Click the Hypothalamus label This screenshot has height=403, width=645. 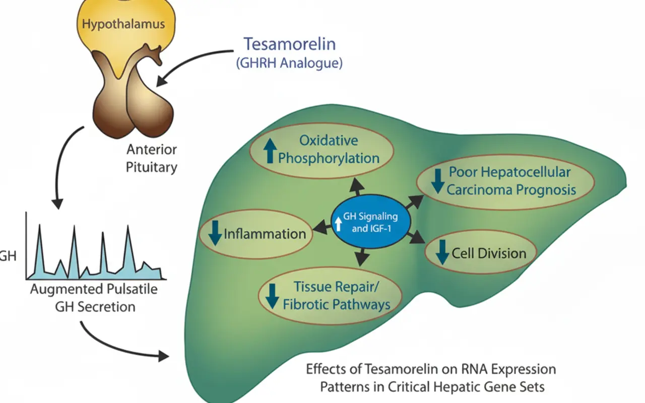tap(123, 24)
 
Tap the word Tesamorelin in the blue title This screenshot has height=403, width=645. tap(290, 44)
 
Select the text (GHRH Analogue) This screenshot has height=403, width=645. tap(289, 63)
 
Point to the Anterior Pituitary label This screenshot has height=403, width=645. tap(152, 158)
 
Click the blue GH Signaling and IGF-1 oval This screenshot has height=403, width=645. tap(371, 222)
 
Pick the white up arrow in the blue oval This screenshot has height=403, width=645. tap(339, 224)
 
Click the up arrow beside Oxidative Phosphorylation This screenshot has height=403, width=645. tap(270, 151)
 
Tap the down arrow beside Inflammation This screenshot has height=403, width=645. tap(215, 233)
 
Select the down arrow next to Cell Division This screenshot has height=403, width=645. tap(442, 252)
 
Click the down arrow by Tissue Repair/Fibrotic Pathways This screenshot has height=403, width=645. tap(272, 297)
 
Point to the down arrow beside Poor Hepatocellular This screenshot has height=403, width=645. tap(438, 181)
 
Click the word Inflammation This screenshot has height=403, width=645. tap(265, 234)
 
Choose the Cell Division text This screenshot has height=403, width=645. tap(489, 253)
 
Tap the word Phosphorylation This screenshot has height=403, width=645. tap(329, 159)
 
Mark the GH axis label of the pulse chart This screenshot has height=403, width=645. tap(8, 256)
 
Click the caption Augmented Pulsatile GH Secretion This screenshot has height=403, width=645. tap(94, 298)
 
